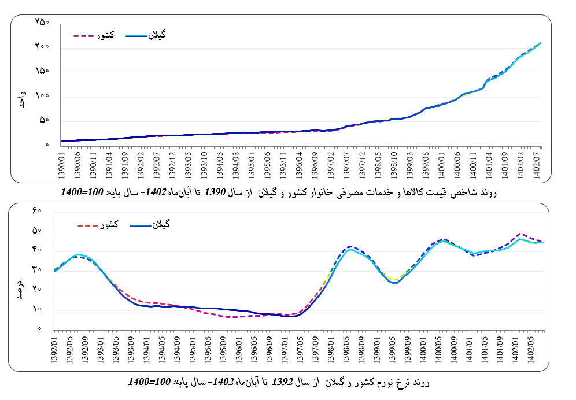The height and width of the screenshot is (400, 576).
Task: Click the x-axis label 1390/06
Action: point(77,166)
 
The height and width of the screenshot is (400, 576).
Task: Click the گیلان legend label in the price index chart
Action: point(157,36)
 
